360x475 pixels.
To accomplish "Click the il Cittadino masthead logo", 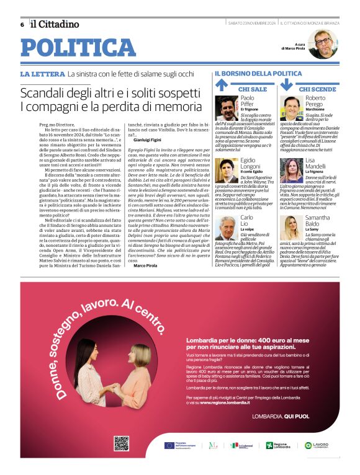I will click(x=55, y=24).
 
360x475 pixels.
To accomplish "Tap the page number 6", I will click(x=22, y=25).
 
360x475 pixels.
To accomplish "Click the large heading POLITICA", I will click(x=78, y=48).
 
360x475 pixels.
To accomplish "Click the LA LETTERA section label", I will click(x=42, y=74).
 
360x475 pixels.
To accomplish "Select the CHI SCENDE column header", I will click(x=318, y=89).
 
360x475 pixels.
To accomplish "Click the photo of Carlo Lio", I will click(x=227, y=228).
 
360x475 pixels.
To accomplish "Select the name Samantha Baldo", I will click(x=317, y=221).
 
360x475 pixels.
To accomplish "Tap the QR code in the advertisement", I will click(x=121, y=443).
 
